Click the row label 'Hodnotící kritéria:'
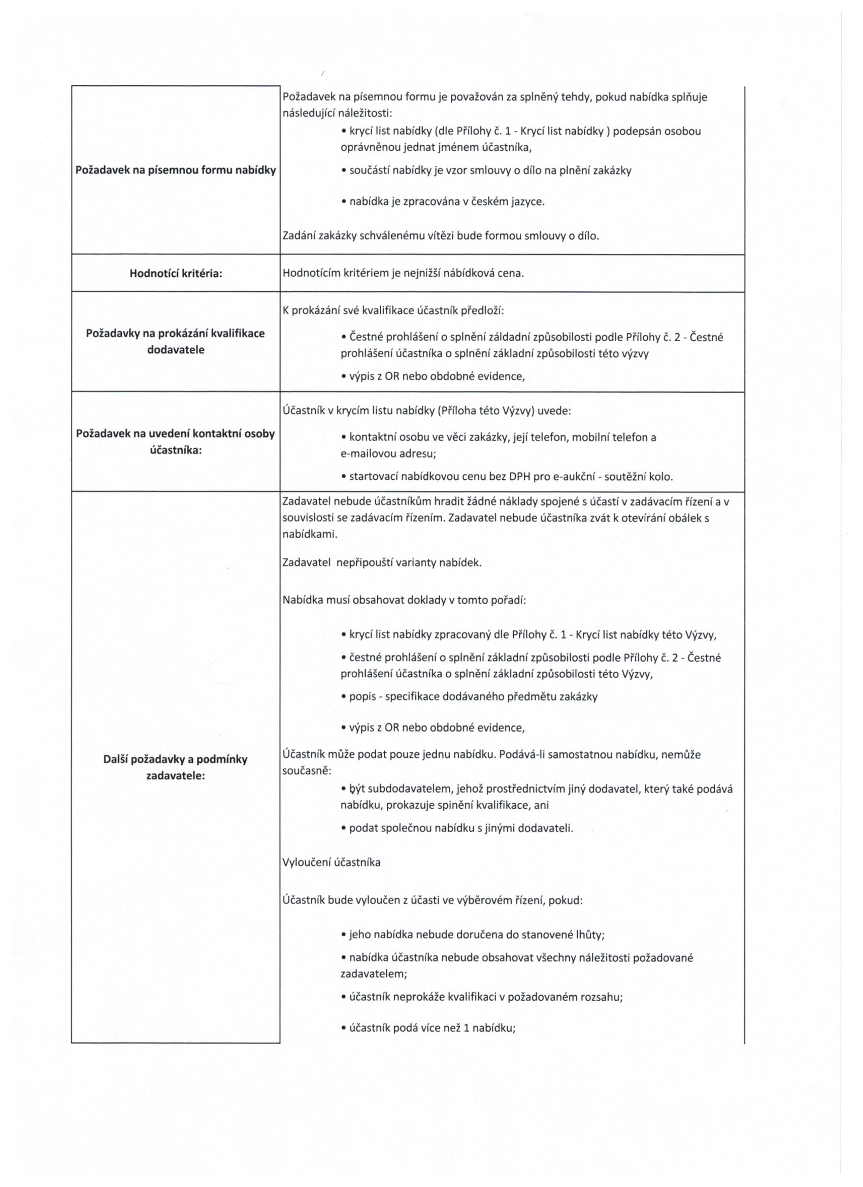click(x=176, y=273)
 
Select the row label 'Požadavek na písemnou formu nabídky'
click(x=176, y=171)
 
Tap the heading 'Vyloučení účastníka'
click(x=331, y=862)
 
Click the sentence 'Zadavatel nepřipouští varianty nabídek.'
click(x=382, y=563)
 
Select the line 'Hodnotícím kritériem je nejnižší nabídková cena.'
click(x=403, y=273)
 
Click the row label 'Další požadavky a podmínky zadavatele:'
click(x=176, y=767)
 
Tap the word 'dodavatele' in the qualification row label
click(x=176, y=350)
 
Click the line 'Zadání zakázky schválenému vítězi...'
click(x=441, y=236)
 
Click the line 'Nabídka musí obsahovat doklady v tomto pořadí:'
click(x=404, y=600)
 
